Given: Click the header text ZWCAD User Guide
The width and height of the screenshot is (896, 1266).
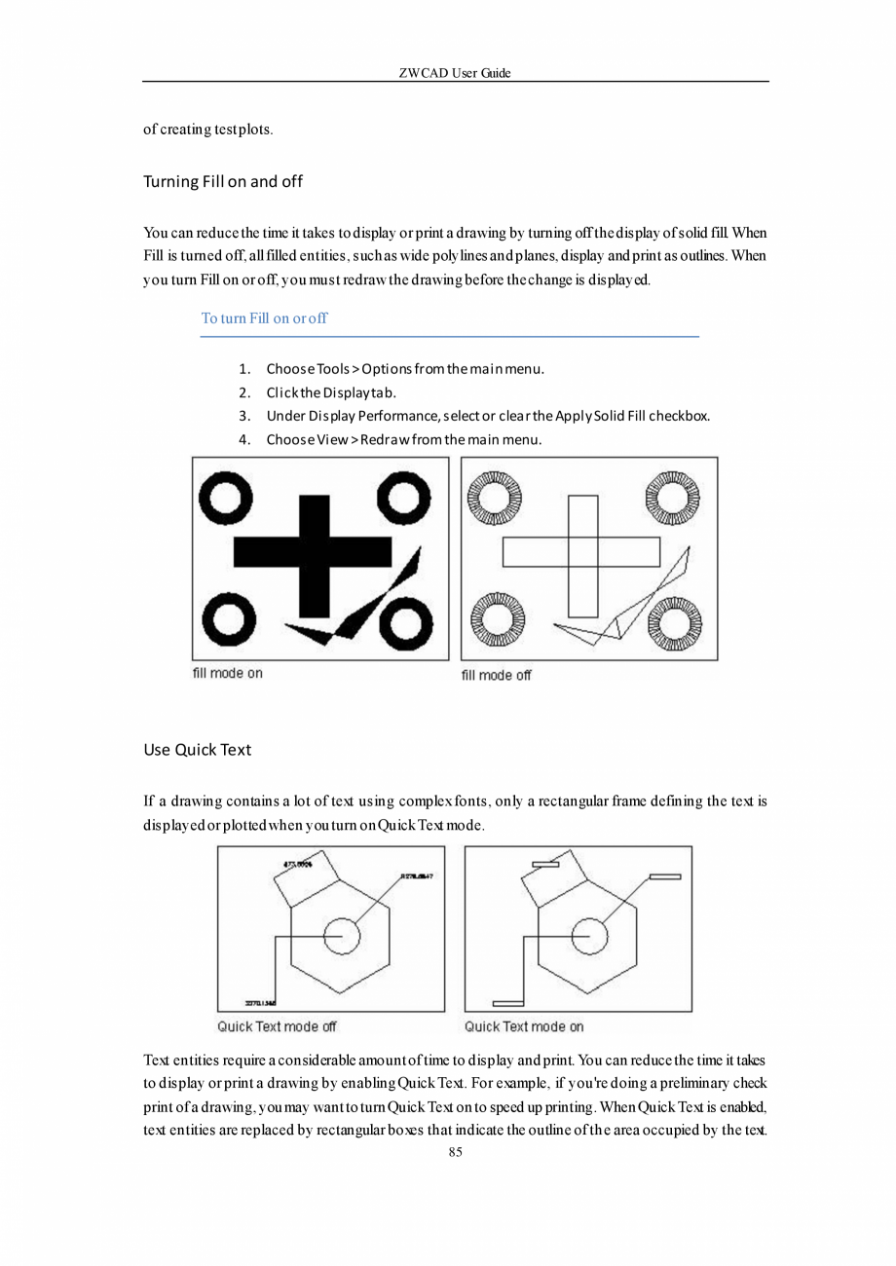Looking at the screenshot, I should (x=455, y=73).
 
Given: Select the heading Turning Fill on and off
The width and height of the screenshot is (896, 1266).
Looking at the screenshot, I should (x=223, y=182).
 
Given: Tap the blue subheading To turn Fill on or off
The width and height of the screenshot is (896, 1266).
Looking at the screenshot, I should (x=264, y=318).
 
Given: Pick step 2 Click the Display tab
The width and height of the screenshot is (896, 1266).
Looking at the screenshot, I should (x=330, y=392).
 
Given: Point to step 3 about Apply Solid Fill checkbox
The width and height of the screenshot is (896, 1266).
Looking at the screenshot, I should (x=487, y=416).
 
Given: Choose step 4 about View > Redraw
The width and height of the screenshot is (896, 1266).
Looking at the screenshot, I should (x=403, y=439).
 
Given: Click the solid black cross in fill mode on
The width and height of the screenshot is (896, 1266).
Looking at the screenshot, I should (x=314, y=556).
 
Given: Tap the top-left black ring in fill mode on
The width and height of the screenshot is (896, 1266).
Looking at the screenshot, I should (x=225, y=498).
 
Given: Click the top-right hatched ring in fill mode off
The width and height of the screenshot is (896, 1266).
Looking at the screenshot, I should (x=673, y=497).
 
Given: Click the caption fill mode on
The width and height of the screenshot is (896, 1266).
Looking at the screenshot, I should (x=227, y=673).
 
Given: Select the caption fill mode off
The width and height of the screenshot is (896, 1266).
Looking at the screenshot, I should (x=496, y=675).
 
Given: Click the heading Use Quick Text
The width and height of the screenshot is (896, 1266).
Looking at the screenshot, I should (x=197, y=750).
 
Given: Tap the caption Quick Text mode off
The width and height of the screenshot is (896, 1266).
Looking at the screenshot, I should (x=277, y=1026).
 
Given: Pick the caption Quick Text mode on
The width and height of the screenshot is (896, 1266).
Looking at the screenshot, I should (x=524, y=1026).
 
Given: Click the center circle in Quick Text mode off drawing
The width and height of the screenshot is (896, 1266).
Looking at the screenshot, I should (x=341, y=936).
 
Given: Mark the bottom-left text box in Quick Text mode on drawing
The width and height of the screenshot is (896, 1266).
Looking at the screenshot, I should (x=508, y=1002).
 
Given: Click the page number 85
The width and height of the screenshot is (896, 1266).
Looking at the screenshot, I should (x=455, y=1152).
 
